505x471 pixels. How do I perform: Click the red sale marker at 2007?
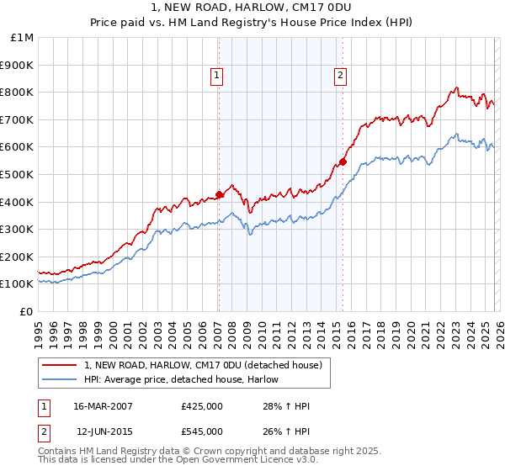[219, 194]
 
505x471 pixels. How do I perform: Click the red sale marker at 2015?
[343, 161]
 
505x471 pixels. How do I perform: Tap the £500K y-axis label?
[18, 174]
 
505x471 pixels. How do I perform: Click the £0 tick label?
[26, 311]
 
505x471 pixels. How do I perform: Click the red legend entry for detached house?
[203, 365]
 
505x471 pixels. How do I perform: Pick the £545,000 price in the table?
[202, 430]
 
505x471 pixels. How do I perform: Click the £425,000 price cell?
[202, 406]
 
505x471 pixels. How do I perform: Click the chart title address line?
[252, 9]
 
